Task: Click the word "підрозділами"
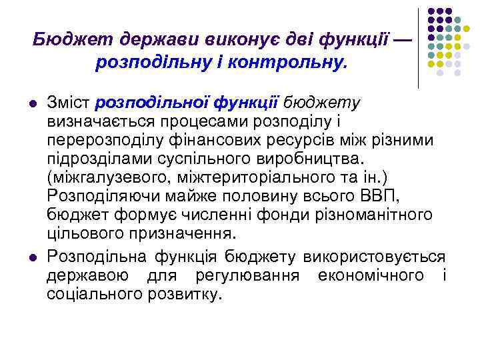92,160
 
